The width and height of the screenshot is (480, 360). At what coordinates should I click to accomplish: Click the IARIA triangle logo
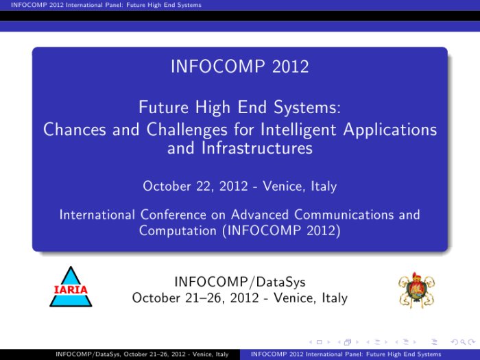click(71, 287)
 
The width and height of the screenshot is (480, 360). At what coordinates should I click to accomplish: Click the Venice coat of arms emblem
click(417, 290)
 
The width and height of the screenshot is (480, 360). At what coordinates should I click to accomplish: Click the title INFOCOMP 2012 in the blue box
click(240, 67)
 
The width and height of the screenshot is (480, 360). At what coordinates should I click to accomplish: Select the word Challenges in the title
click(187, 129)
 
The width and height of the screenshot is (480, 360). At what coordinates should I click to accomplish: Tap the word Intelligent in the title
click(298, 129)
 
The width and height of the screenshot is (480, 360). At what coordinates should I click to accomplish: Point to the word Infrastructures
click(257, 148)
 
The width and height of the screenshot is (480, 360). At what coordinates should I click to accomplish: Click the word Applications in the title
click(390, 129)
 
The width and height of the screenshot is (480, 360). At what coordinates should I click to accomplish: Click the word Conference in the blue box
click(173, 215)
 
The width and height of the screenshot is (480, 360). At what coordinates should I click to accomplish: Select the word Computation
click(178, 231)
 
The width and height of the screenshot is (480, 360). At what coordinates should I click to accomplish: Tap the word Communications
click(344, 215)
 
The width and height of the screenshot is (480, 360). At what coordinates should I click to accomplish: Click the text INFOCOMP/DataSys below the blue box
click(240, 282)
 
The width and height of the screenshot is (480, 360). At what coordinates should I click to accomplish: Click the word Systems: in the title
click(307, 108)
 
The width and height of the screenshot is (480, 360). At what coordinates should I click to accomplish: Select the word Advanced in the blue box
click(260, 215)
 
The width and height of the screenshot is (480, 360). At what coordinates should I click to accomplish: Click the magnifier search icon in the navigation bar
click(463, 342)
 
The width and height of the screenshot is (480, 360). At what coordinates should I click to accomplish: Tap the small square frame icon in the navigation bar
click(320, 342)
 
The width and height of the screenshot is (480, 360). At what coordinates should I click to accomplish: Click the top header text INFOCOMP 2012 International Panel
click(106, 5)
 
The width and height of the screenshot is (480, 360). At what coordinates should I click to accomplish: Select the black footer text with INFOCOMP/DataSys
click(142, 355)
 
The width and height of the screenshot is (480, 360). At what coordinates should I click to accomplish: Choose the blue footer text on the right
click(346, 355)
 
